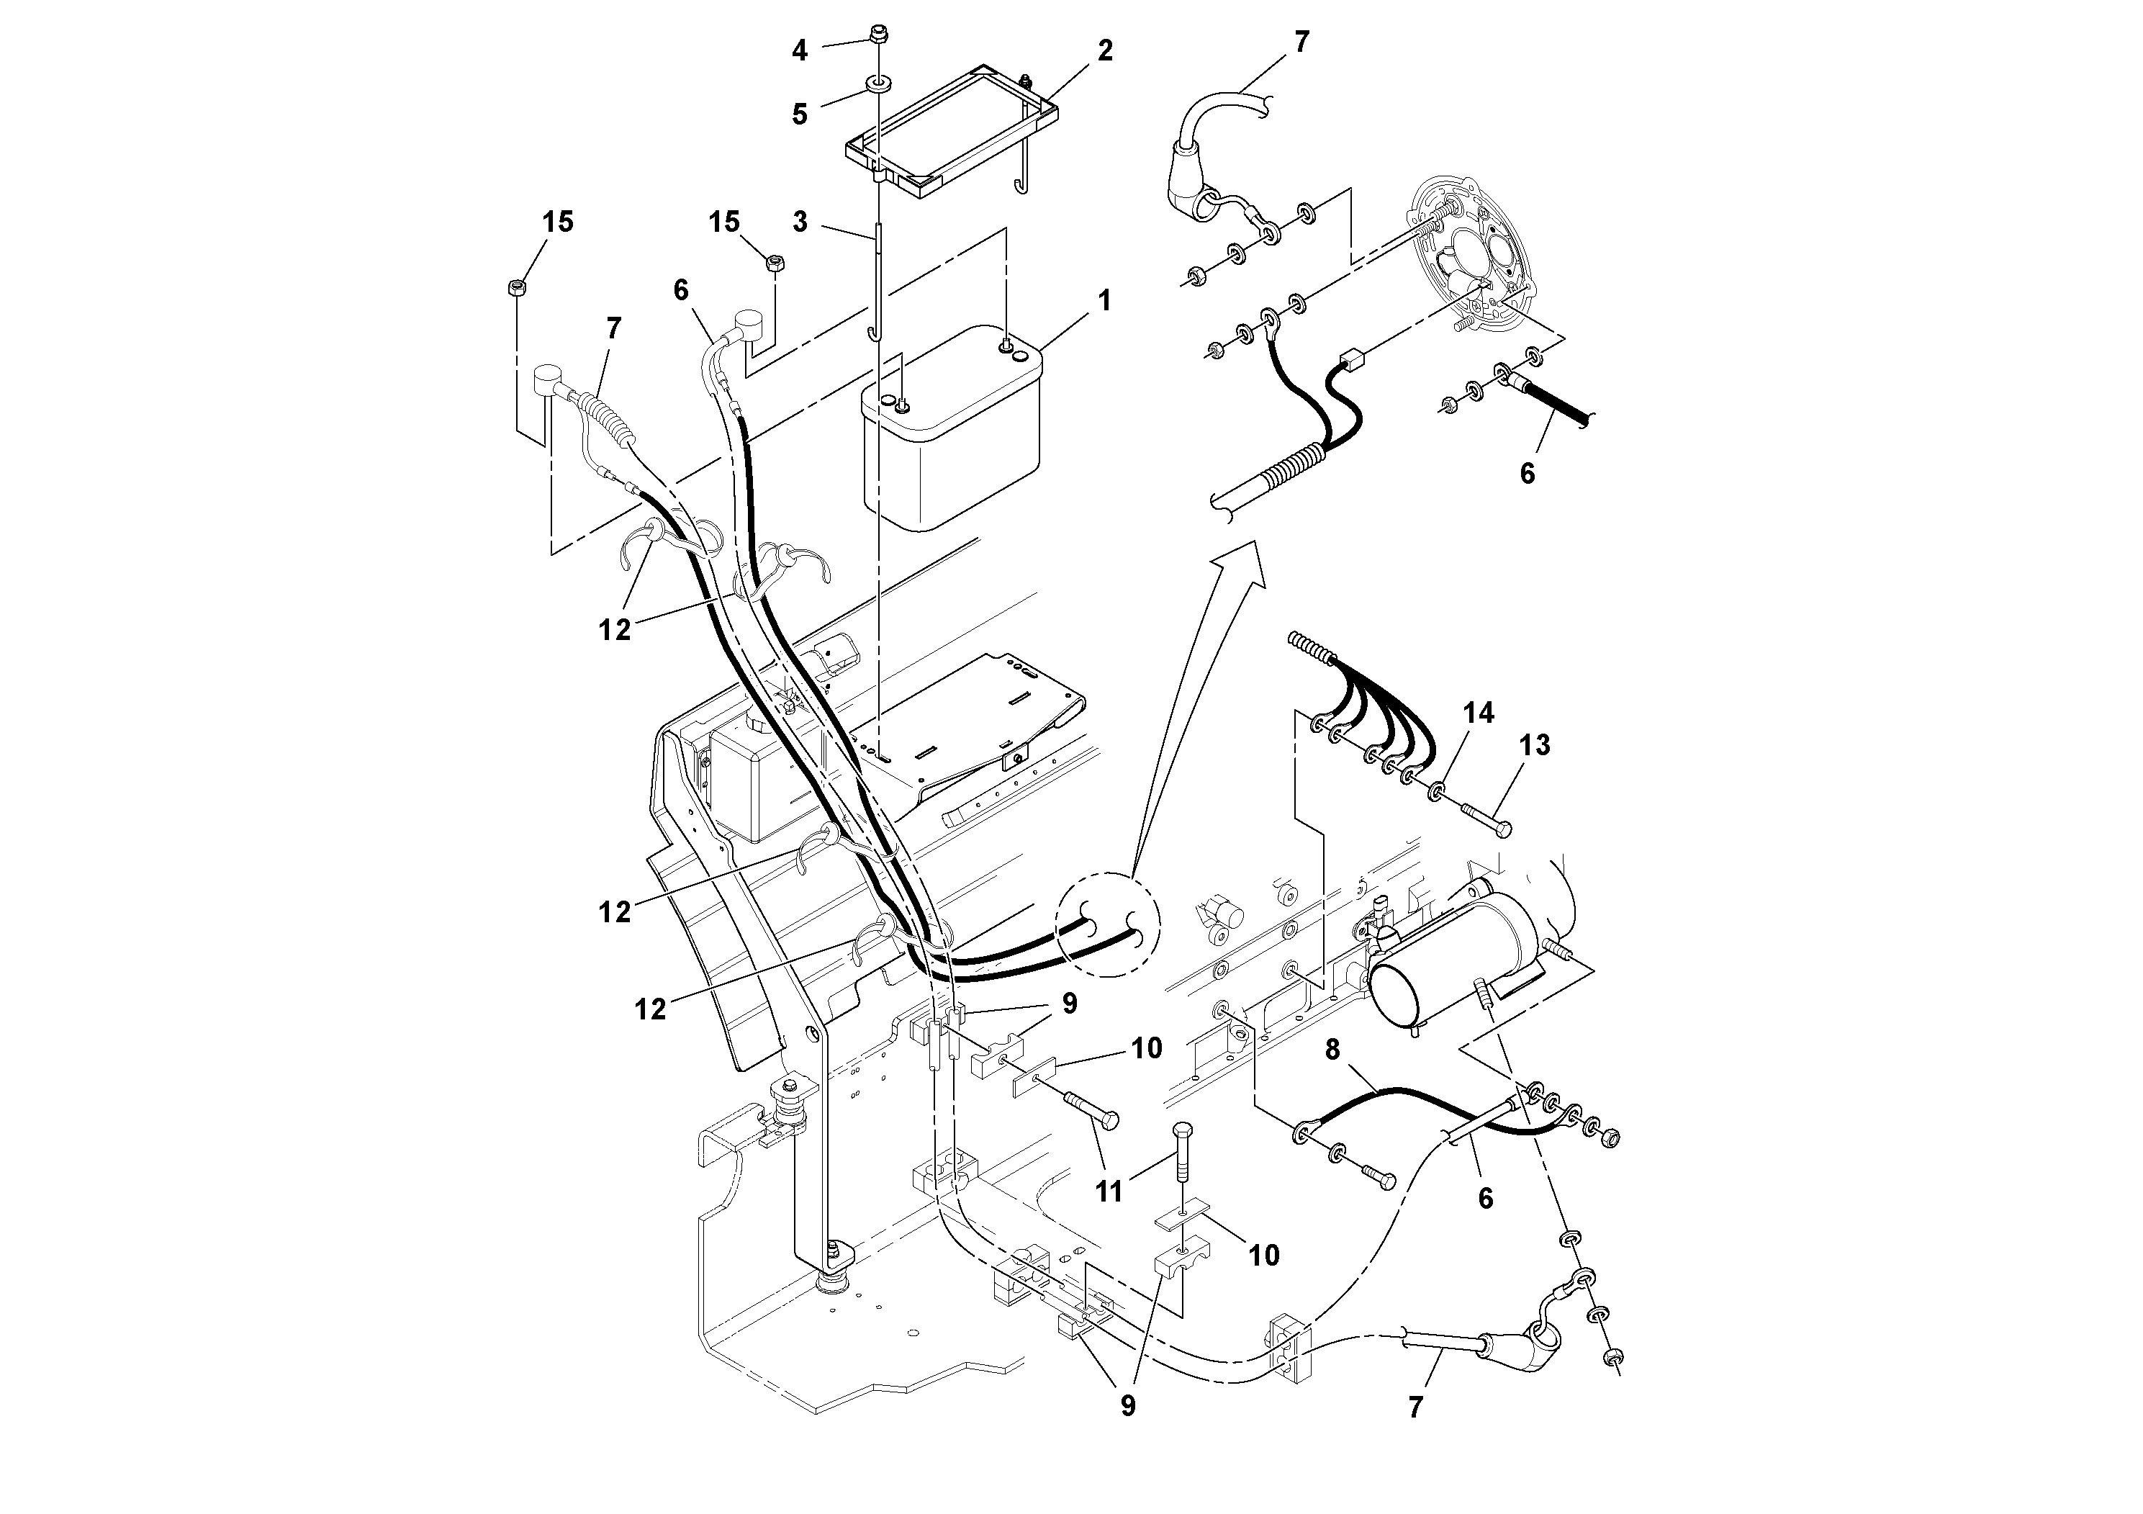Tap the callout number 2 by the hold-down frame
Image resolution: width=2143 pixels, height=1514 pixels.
tap(1105, 51)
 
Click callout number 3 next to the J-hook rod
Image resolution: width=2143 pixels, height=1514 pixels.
tap(800, 222)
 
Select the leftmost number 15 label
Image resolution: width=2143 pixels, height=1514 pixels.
tap(557, 222)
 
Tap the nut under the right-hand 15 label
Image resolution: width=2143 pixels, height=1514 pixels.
tap(774, 263)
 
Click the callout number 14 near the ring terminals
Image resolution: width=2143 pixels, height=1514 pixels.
tap(1478, 713)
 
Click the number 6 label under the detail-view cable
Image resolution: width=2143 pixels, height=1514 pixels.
tap(1527, 474)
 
